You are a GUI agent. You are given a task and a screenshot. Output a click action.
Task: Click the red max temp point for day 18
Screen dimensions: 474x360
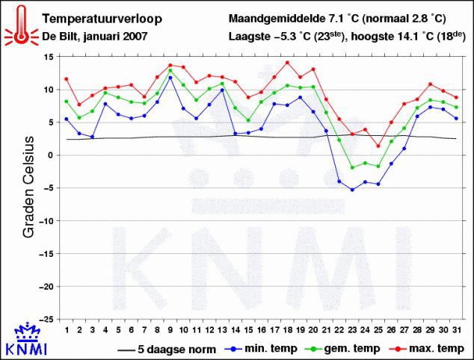(x=288, y=63)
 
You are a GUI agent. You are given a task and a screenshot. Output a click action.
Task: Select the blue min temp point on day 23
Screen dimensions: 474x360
(x=352, y=190)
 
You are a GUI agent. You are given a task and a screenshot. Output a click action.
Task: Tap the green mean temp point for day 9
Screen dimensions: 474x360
(x=170, y=71)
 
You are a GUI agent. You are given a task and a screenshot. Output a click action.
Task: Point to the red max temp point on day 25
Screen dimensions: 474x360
(x=378, y=146)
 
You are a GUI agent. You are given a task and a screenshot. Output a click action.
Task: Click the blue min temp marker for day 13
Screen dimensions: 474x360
(x=222, y=90)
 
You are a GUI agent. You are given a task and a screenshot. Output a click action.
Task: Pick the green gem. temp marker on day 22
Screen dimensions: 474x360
(x=339, y=140)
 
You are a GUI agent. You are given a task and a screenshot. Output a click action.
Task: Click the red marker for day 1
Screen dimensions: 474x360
(x=67, y=79)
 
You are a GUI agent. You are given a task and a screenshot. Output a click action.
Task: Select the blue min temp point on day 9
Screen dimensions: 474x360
(x=170, y=78)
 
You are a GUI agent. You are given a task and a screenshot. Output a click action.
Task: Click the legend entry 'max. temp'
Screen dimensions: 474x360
(x=427, y=349)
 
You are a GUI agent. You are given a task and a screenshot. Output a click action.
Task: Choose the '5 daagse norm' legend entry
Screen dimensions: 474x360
(x=167, y=350)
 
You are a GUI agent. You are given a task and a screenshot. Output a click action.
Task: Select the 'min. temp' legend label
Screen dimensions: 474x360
(x=261, y=349)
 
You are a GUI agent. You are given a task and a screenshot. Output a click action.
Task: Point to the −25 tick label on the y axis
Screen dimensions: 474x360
(x=46, y=319)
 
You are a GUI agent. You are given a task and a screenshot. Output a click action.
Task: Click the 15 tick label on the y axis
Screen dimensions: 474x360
(x=49, y=57)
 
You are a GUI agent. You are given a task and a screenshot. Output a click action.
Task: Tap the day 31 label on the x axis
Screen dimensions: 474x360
(x=456, y=330)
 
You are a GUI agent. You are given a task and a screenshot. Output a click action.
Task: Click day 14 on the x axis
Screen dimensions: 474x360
(x=236, y=330)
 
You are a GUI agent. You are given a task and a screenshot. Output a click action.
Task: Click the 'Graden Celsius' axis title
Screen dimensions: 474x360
(x=28, y=187)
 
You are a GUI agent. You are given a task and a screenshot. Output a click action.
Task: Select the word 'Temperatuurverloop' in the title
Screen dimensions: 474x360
(x=102, y=19)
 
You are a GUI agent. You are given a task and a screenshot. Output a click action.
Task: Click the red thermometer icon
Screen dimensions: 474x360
(x=21, y=25)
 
